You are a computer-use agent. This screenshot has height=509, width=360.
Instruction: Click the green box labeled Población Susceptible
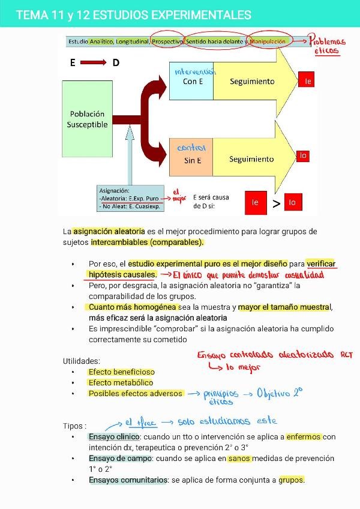click(87, 119)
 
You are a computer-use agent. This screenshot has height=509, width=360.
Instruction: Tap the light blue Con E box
click(191, 81)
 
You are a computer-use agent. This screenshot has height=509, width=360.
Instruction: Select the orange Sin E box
click(191, 160)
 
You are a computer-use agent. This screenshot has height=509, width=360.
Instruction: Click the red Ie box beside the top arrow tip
click(307, 80)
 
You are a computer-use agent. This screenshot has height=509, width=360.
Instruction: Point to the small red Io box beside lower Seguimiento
click(303, 155)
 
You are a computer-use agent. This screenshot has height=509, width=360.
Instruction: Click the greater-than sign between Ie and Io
click(276, 203)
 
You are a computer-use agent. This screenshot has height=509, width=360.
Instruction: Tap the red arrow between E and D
click(92, 62)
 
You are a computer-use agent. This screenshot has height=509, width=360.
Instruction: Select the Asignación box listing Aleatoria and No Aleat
click(130, 198)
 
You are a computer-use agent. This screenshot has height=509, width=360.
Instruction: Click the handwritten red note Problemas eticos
click(328, 46)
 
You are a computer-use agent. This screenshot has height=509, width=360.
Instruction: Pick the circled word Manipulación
click(268, 41)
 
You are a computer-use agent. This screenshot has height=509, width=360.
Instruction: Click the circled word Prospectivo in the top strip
click(167, 41)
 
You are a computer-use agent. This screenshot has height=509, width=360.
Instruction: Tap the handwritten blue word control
click(191, 147)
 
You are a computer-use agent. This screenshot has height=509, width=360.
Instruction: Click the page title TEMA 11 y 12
click(134, 15)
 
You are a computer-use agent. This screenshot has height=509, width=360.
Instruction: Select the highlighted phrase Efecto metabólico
click(121, 382)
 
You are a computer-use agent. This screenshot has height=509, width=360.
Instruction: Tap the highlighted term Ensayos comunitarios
click(128, 480)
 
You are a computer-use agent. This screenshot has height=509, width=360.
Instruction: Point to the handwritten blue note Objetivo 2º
click(280, 393)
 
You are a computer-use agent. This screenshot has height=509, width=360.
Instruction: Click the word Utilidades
click(82, 361)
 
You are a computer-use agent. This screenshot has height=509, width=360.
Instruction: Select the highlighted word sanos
click(239, 458)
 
